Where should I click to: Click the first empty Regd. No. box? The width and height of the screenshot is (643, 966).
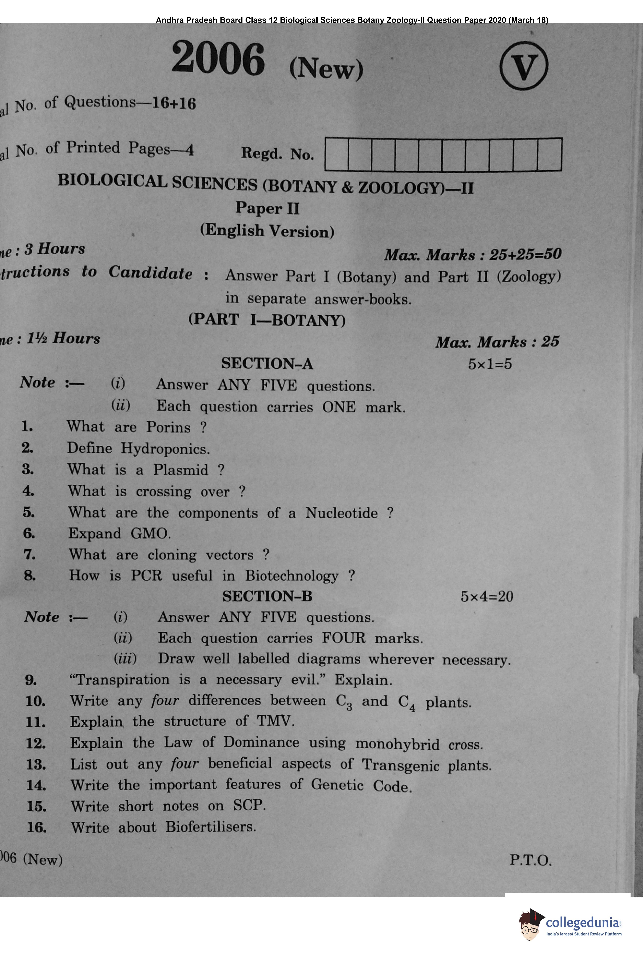pyautogui.click(x=336, y=155)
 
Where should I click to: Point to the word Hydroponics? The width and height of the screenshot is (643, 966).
pyautogui.click(x=165, y=449)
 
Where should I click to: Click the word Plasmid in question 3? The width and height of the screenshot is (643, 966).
pyautogui.click(x=180, y=470)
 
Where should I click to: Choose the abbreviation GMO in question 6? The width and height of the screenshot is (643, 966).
pyautogui.click(x=150, y=534)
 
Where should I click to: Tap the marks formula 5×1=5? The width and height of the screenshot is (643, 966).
pyautogui.click(x=490, y=364)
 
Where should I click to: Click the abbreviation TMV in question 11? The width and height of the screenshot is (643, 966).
pyautogui.click(x=275, y=721)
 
